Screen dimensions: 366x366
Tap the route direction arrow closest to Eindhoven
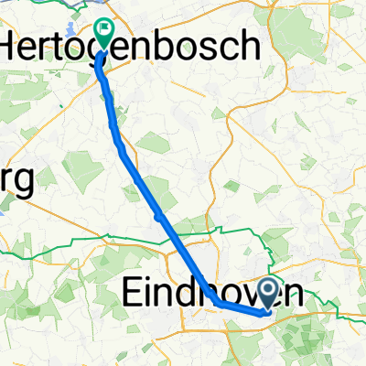tap(160, 217)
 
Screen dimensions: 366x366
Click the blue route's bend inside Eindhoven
tap(220, 303)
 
